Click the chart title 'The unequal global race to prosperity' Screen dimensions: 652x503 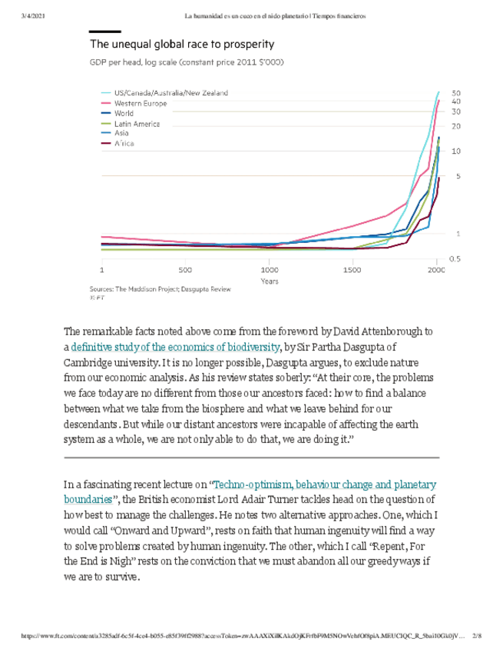pos(181,45)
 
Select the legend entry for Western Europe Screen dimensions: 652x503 pos(140,103)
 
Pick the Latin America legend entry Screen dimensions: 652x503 pos(137,123)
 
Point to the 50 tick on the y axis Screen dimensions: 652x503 pos(456,92)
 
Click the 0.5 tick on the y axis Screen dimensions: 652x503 pos(455,259)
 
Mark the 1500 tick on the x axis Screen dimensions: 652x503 pos(352,271)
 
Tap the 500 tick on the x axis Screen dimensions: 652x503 pos(185,271)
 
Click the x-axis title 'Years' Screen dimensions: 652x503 pos(269,281)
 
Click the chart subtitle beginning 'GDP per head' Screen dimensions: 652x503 pos(187,62)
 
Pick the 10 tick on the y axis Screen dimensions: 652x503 pos(456,151)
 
